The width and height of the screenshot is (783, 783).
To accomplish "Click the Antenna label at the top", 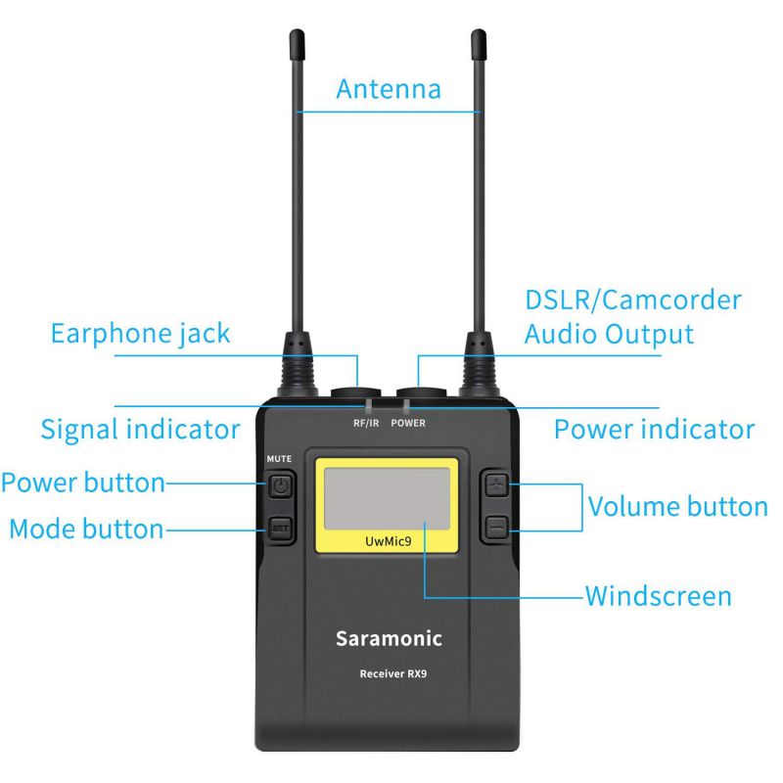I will tap(389, 89).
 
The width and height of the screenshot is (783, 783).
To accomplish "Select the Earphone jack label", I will tap(140, 333).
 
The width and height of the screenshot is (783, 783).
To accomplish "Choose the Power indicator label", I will tap(655, 429).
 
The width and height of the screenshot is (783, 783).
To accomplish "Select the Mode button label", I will tap(85, 530).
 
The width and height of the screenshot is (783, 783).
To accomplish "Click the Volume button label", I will tap(677, 506).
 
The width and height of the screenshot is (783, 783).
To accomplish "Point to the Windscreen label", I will tap(658, 595).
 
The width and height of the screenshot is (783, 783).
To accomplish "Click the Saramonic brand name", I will tap(390, 639).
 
